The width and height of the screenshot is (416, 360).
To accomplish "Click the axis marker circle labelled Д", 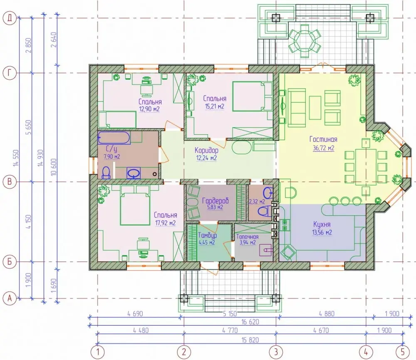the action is click(x=10, y=18).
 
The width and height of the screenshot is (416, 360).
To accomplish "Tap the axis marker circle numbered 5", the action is click(x=403, y=352).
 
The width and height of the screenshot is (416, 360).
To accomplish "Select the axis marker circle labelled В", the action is click(x=10, y=182).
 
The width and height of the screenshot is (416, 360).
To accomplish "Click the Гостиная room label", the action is click(x=323, y=139).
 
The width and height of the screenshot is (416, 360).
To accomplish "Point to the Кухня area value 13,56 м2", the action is click(x=322, y=232).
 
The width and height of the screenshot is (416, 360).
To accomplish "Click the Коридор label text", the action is click(x=206, y=150).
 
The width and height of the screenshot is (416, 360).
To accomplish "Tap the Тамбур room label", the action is click(x=207, y=235).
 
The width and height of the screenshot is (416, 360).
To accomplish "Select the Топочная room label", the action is click(x=247, y=237).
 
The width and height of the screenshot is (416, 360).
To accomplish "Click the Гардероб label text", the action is click(x=215, y=200).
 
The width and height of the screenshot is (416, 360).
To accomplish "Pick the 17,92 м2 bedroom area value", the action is click(x=165, y=223).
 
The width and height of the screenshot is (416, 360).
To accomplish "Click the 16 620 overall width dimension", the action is click(x=250, y=322).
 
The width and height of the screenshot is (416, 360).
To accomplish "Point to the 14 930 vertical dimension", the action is click(x=40, y=158).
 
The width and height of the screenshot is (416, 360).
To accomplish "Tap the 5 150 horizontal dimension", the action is click(x=230, y=313).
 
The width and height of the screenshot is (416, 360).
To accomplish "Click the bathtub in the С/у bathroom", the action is click(x=114, y=138).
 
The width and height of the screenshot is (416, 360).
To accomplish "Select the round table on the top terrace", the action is click(x=305, y=41).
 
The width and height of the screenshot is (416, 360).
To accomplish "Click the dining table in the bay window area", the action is click(x=366, y=167).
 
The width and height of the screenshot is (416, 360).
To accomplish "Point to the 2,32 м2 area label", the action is click(x=257, y=202).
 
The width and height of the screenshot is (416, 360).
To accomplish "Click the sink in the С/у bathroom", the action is click(x=134, y=173).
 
